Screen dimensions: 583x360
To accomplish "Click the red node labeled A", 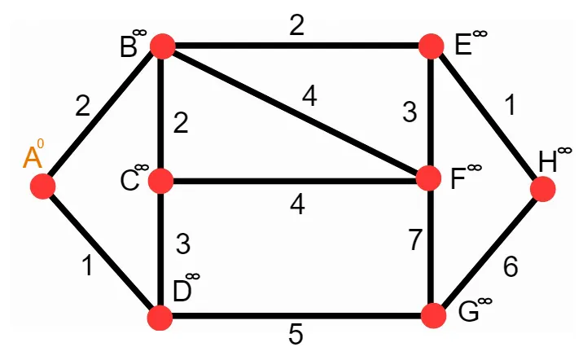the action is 42,187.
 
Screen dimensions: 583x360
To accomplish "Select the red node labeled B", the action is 161,47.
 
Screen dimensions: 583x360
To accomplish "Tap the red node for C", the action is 161,180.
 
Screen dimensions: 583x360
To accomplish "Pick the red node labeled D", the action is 160,318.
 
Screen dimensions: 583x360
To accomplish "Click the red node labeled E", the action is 432,47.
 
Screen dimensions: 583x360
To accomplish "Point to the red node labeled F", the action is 430,178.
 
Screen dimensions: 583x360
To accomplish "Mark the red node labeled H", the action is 542,190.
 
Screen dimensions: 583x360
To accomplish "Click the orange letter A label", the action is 32,157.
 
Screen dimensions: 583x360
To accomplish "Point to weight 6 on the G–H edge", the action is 510,268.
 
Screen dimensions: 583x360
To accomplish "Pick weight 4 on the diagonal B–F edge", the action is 309,96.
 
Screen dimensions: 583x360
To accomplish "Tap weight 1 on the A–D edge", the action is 87,266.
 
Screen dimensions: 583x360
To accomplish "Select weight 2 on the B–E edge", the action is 296,26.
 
